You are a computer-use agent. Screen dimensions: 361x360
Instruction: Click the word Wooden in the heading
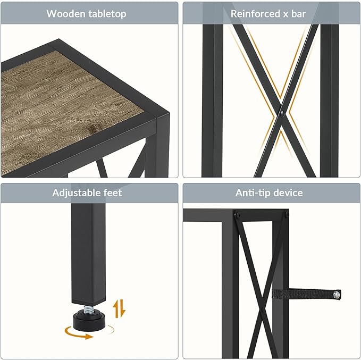pos(65,13)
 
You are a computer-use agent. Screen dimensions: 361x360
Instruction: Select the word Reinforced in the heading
pos(255,14)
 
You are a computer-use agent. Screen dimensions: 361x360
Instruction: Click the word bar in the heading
pos(298,14)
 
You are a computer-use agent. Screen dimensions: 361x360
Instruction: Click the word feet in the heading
pos(113,192)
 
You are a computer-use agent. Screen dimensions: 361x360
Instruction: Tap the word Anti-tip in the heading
pos(251,193)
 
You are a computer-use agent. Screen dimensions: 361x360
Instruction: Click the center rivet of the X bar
pos(282,113)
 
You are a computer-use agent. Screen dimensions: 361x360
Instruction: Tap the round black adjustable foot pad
pos(89,321)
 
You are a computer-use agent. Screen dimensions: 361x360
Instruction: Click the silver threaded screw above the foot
pos(88,309)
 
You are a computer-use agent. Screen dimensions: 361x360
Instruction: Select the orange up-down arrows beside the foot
pos(119,308)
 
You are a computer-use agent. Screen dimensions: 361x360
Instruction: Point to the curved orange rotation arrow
pos(78,334)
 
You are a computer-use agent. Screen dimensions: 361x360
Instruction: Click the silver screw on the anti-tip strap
pos(337,295)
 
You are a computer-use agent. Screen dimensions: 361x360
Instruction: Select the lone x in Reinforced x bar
pos(286,14)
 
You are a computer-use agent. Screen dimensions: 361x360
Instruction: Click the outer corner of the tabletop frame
pos(170,113)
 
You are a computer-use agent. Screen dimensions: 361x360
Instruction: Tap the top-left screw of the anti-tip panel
pos(238,215)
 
